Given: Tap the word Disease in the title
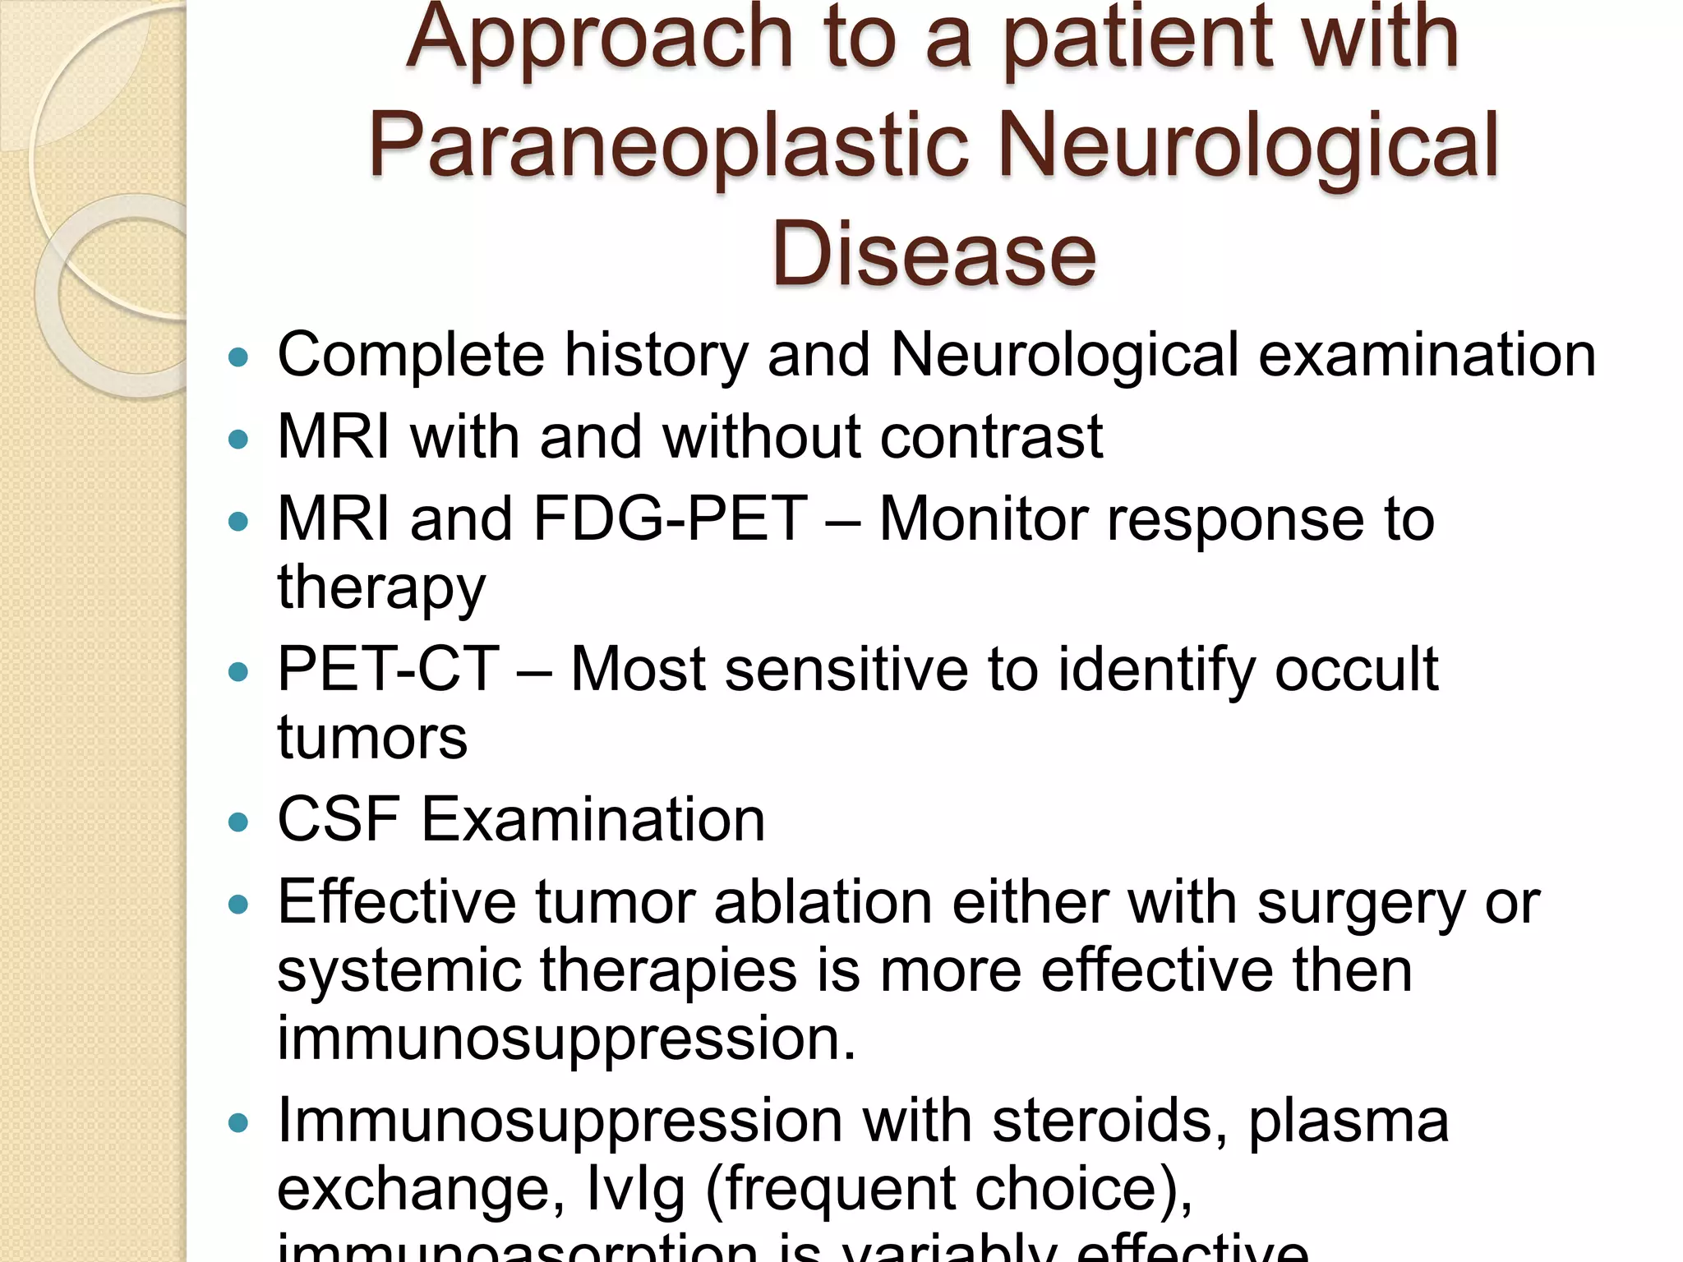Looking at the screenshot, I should pyautogui.click(x=934, y=255).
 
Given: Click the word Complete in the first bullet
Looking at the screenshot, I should pyautogui.click(x=411, y=356).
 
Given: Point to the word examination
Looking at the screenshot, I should pyautogui.click(x=1427, y=356).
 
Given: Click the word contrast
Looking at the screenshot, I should pyautogui.click(x=991, y=437).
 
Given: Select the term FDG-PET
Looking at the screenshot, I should pyautogui.click(x=670, y=519).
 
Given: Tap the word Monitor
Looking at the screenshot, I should pyautogui.click(x=983, y=519).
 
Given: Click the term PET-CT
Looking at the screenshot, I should pyautogui.click(x=388, y=670).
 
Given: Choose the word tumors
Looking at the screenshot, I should pyautogui.click(x=372, y=738).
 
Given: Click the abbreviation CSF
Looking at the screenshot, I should pyautogui.click(x=339, y=820).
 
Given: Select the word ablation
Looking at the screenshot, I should pyautogui.click(x=823, y=903).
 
